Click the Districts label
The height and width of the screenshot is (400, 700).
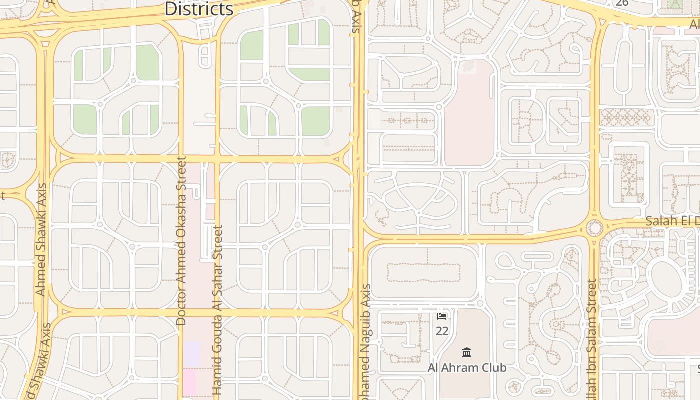click(199, 8)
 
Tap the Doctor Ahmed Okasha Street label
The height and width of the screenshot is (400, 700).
click(181, 241)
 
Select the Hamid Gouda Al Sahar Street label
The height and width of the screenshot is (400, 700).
click(217, 310)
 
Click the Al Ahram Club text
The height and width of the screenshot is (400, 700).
click(467, 368)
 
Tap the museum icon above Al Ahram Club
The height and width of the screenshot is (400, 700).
click(467, 353)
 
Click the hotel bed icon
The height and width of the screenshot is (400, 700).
click(442, 316)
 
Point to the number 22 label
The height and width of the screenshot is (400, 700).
click(442, 331)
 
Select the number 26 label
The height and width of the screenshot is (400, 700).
click(622, 3)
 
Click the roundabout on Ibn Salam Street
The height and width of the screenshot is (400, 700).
click(594, 228)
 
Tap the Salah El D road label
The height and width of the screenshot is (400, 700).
click(672, 221)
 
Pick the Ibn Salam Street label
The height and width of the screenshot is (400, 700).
click(592, 340)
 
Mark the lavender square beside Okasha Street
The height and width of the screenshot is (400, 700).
click(192, 353)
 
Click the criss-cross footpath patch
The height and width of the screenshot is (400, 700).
click(626, 118)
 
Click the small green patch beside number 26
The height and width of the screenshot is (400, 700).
click(675, 3)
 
